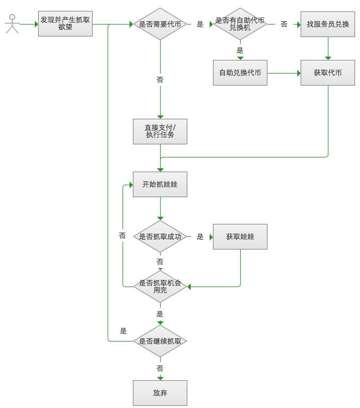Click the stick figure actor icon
click(11, 24)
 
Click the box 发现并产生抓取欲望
click(65, 23)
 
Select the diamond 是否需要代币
click(160, 23)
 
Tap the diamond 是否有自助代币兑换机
click(240, 24)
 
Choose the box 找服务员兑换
click(328, 24)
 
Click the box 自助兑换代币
click(240, 73)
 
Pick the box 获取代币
click(328, 73)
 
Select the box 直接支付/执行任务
click(160, 131)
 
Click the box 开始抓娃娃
click(160, 185)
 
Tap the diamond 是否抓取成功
click(160, 236)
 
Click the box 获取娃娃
click(240, 236)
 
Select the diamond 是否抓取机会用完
click(160, 287)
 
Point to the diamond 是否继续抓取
click(160, 341)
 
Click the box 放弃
click(160, 393)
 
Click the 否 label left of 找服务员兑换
click(284, 24)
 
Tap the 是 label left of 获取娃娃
click(200, 236)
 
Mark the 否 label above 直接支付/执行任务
click(160, 80)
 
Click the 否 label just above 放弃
click(160, 368)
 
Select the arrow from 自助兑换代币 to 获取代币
click(284, 73)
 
